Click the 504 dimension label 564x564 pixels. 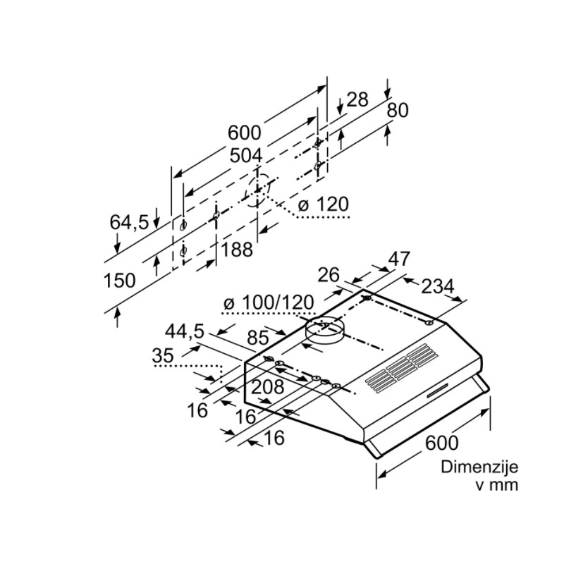pos(246,156)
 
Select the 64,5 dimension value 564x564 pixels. pos(129,222)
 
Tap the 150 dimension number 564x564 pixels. pos(119,280)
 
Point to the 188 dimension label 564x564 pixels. pos(237,250)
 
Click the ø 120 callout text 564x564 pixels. pos(324,204)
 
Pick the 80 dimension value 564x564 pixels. pos(398,111)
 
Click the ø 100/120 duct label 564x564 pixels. pos(269,302)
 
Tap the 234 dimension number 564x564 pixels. pos(437,287)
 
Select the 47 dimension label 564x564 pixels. pos(399,259)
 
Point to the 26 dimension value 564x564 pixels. pos(329,275)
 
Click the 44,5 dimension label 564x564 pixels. pos(185,331)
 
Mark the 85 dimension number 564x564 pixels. pos(258,338)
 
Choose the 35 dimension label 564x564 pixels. pos(163,355)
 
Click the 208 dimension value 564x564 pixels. pos(268,386)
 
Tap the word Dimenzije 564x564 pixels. pos(479,467)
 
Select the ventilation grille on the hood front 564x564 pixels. pos(403,368)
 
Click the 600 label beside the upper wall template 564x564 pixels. pos(244,133)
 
